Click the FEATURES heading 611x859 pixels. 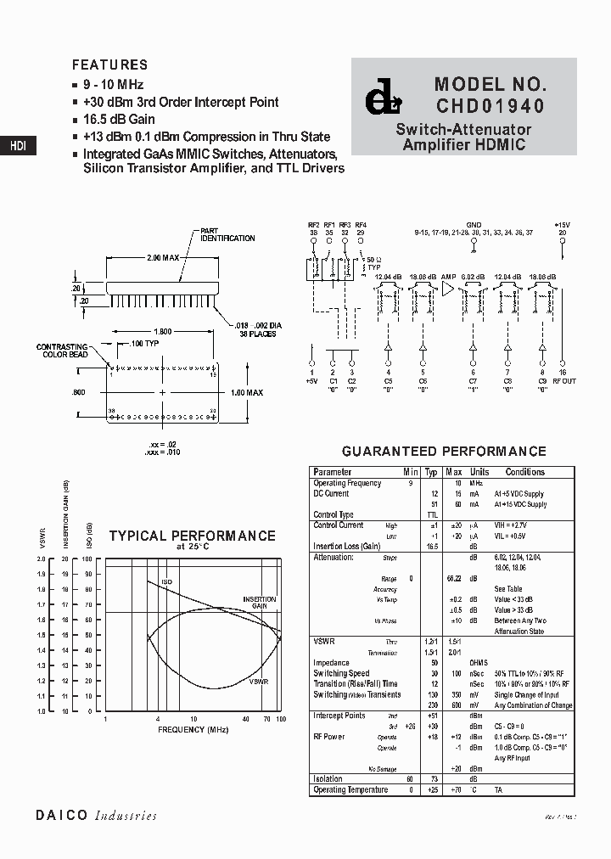coord(109,65)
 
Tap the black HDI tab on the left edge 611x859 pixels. coord(18,145)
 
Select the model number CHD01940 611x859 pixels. coord(490,107)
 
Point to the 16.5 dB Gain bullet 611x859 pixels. coord(118,119)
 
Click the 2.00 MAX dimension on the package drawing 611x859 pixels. coord(163,256)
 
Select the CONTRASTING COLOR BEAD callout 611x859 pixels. coord(62,351)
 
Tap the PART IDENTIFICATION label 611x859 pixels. coord(227,234)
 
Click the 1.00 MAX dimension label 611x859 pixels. coord(247,393)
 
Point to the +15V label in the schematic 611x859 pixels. coord(562,225)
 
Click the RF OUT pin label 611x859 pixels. coord(563,381)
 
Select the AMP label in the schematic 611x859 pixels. coord(448,277)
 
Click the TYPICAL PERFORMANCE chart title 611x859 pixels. coord(192,536)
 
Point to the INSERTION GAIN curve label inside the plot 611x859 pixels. coord(260,602)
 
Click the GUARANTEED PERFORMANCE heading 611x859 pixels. coord(444,452)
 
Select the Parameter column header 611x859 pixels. coord(332,472)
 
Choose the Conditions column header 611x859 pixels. coord(525,472)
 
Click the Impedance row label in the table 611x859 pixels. coord(331,663)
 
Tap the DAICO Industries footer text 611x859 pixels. coord(96,815)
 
